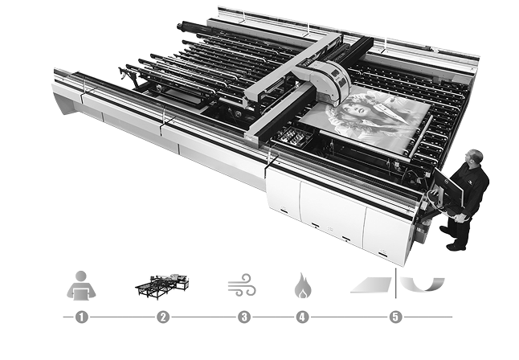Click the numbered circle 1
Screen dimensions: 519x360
click(x=81, y=317)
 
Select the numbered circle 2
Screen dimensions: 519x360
click(x=163, y=317)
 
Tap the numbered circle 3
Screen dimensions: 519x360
click(x=244, y=317)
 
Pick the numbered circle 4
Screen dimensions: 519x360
click(x=302, y=317)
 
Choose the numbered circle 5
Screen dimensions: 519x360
click(x=395, y=317)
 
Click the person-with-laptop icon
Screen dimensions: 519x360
click(x=81, y=285)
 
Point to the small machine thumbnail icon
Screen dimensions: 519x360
click(x=162, y=287)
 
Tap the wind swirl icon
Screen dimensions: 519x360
click(x=242, y=284)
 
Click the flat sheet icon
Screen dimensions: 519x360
click(x=371, y=284)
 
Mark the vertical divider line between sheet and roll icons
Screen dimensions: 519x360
click(x=396, y=284)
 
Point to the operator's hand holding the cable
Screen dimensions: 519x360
click(x=460, y=217)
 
